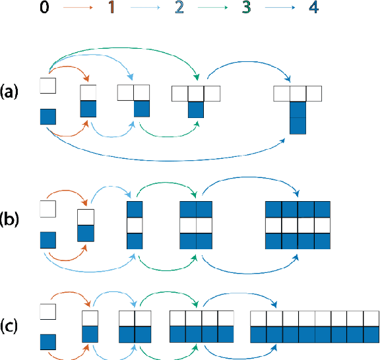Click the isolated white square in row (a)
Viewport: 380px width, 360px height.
pos(48,85)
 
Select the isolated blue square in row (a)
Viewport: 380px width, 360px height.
pos(48,117)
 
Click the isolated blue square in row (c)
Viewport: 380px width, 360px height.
pos(48,342)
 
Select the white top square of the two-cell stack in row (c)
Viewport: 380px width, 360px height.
pos(90,317)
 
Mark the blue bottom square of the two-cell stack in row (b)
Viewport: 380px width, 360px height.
pos(86,233)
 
